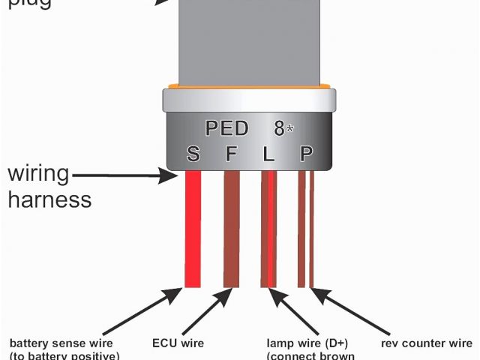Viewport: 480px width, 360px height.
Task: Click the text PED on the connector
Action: tap(226, 128)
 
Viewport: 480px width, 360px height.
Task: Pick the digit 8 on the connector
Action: tap(279, 128)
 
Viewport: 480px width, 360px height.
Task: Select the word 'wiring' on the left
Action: tap(38, 175)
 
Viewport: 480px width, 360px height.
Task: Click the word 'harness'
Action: tap(49, 200)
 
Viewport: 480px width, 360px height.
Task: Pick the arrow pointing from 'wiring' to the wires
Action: tap(127, 177)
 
